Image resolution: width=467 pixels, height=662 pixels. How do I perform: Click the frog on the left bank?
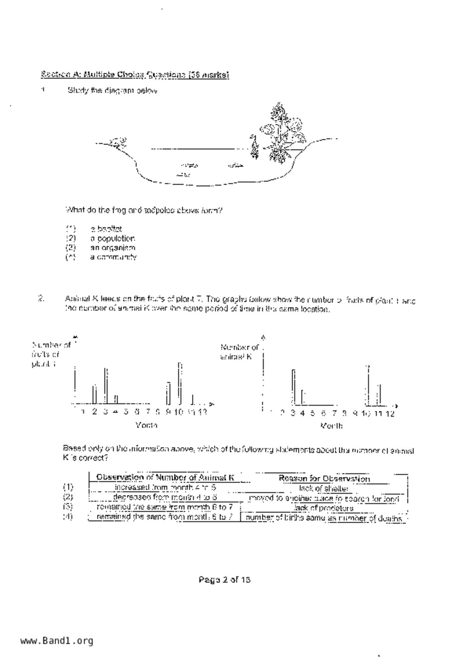click(x=118, y=142)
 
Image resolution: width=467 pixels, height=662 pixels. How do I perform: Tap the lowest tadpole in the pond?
click(x=184, y=175)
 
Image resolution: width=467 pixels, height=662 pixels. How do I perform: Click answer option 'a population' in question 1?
click(x=112, y=239)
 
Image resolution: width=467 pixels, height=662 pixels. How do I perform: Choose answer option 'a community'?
click(x=113, y=257)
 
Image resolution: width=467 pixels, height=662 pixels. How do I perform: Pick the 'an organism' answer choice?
click(x=112, y=248)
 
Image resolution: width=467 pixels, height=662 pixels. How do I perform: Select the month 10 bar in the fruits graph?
click(x=180, y=383)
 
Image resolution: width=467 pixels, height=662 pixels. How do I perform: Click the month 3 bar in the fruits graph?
click(x=106, y=385)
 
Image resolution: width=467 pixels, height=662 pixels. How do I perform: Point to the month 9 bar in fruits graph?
click(x=168, y=393)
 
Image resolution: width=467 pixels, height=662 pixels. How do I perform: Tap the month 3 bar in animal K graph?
click(x=293, y=387)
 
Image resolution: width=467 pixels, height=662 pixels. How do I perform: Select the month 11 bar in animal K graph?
click(x=380, y=394)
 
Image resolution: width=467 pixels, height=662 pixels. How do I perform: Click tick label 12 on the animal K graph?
click(x=390, y=414)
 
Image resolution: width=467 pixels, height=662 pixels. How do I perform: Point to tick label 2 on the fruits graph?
click(x=94, y=412)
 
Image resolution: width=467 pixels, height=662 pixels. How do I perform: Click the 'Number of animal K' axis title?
click(x=239, y=352)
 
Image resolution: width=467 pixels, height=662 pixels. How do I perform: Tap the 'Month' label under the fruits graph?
click(x=146, y=425)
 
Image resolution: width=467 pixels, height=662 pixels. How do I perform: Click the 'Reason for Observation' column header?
click(x=324, y=479)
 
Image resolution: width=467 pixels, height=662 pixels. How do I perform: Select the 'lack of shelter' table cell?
click(x=323, y=488)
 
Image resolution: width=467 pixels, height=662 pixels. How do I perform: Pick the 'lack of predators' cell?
click(x=324, y=508)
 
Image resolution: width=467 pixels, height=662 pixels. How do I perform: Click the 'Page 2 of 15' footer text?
click(x=224, y=579)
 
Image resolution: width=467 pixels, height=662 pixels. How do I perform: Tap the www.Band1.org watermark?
click(x=57, y=640)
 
